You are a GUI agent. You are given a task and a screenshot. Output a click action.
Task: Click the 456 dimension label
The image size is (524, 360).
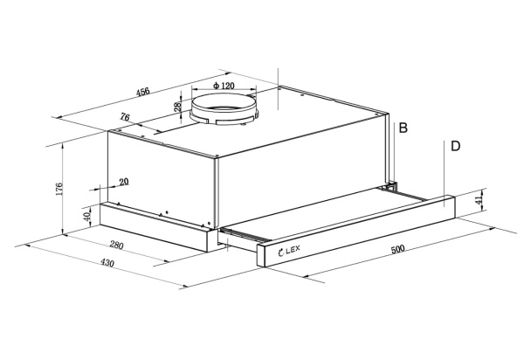pyautogui.click(x=143, y=91)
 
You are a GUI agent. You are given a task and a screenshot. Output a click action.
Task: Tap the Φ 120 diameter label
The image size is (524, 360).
pyautogui.click(x=224, y=86)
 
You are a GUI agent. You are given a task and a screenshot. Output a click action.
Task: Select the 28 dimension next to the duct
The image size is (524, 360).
pyautogui.click(x=178, y=107)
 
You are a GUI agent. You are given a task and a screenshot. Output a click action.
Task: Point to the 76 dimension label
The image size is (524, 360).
pyautogui.click(x=125, y=117)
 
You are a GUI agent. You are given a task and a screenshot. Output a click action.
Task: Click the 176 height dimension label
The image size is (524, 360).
pyautogui.click(x=59, y=189)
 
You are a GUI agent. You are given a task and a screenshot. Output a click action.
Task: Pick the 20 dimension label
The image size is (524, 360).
pyautogui.click(x=124, y=182)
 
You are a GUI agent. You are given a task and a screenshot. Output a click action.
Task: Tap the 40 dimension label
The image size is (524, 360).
pyautogui.click(x=87, y=217)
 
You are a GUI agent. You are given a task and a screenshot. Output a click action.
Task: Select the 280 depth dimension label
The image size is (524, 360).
pyautogui.click(x=117, y=246)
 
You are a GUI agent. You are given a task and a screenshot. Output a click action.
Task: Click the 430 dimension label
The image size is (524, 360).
pyautogui.click(x=107, y=263)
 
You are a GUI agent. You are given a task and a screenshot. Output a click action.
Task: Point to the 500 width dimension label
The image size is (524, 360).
pyautogui.click(x=397, y=249)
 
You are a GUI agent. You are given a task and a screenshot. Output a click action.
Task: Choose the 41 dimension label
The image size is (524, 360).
pyautogui.click(x=479, y=200)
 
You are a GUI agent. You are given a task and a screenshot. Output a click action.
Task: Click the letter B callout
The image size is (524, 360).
pyautogui.click(x=403, y=128)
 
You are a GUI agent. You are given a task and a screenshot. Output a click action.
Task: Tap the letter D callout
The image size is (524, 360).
pyautogui.click(x=456, y=146)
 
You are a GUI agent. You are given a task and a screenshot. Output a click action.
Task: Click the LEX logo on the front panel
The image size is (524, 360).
pyautogui.click(x=289, y=251)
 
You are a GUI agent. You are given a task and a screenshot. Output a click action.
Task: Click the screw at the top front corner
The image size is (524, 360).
pyautogui.click(x=217, y=156)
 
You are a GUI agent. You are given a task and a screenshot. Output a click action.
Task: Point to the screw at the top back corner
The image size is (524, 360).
pyautogui.click(x=279, y=88)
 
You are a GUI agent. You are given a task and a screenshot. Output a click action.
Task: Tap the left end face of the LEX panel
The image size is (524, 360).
pyautogui.click(x=260, y=256)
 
